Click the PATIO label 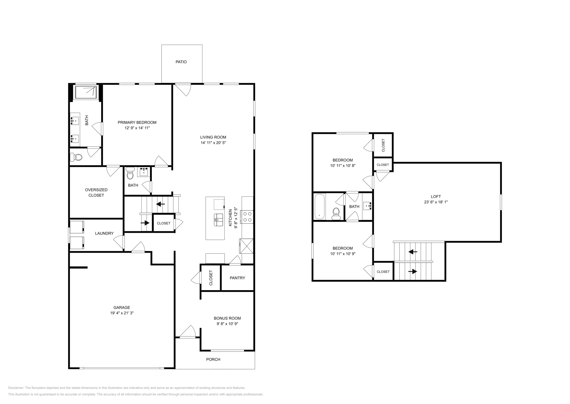coord(181,62)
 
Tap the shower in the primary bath coord(85,92)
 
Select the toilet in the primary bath coord(76,157)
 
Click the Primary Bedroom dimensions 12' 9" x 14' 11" coord(137,128)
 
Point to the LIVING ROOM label coord(213,137)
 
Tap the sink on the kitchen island coord(218,219)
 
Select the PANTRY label coord(237,278)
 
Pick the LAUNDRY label coord(104,233)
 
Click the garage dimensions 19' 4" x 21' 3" coord(122,313)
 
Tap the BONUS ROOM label coord(227,318)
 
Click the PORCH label coord(213,359)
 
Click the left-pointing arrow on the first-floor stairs coord(160,204)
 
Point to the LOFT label coord(436,196)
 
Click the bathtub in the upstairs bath coord(320,207)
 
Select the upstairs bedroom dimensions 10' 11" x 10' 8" coord(343,166)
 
